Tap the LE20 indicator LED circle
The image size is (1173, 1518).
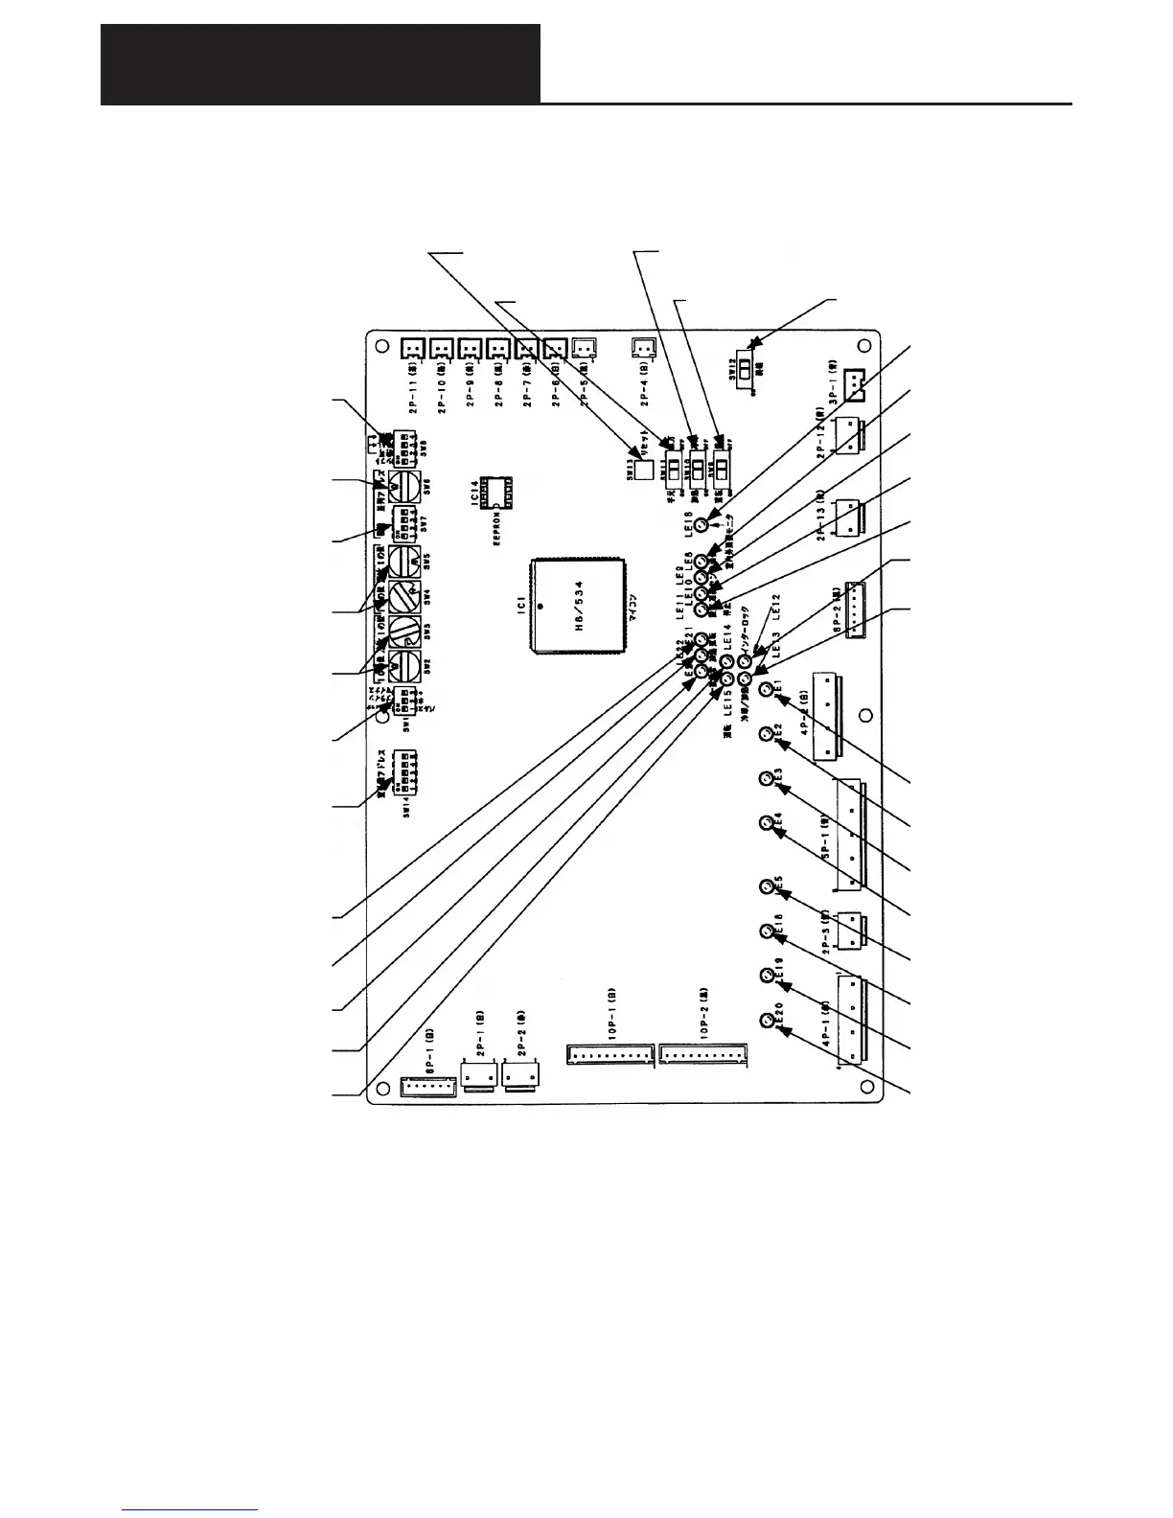[x=767, y=1022]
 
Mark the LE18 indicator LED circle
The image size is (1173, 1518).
[x=701, y=525]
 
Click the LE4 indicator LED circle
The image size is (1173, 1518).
[x=767, y=824]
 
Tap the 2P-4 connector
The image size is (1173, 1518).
[x=646, y=347]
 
